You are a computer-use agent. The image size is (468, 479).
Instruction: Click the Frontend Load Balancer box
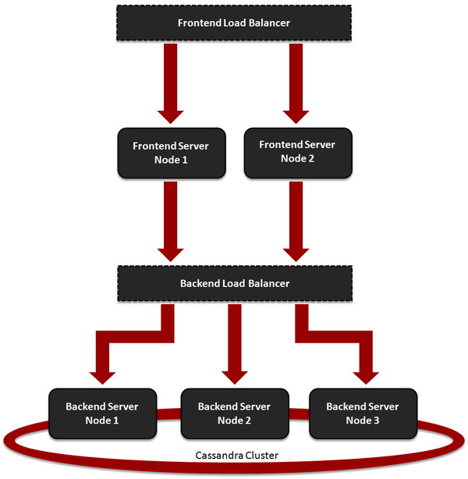click(x=234, y=23)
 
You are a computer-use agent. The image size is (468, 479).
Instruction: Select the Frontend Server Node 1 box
click(x=171, y=153)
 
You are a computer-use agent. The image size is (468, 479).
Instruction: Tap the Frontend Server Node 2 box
click(x=297, y=151)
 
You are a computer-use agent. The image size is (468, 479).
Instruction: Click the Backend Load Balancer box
click(x=234, y=283)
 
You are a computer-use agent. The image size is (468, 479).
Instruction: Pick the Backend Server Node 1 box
click(x=101, y=413)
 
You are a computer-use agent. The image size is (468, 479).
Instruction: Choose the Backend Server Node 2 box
click(x=234, y=413)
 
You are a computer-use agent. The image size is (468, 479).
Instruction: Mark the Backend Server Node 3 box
click(x=362, y=413)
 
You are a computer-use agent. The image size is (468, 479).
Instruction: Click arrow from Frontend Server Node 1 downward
click(x=170, y=218)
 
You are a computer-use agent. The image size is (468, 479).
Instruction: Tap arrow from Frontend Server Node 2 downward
click(x=297, y=218)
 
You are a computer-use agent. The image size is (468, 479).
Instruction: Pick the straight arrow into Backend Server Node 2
click(x=234, y=343)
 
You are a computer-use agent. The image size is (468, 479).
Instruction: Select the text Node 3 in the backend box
click(x=362, y=420)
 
